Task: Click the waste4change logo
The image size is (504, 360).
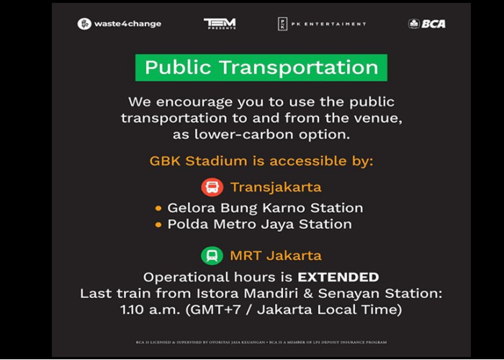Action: coord(120,24)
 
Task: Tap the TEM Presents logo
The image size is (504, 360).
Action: coord(220,24)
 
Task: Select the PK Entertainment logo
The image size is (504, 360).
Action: coord(322,24)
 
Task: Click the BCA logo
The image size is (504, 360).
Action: coord(427,24)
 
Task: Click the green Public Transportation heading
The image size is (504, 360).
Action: coord(261,68)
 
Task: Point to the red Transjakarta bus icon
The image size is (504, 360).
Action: coord(212,187)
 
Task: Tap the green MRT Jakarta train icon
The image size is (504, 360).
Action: coord(212,256)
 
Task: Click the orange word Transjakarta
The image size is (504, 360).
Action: coord(276,187)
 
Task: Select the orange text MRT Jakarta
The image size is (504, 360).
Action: coord(276,256)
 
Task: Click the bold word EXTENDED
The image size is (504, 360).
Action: coord(338,277)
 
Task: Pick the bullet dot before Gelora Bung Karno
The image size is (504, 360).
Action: coord(158,208)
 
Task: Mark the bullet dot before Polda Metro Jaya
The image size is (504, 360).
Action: coord(158,225)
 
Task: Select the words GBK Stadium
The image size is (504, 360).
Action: coord(190,161)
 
